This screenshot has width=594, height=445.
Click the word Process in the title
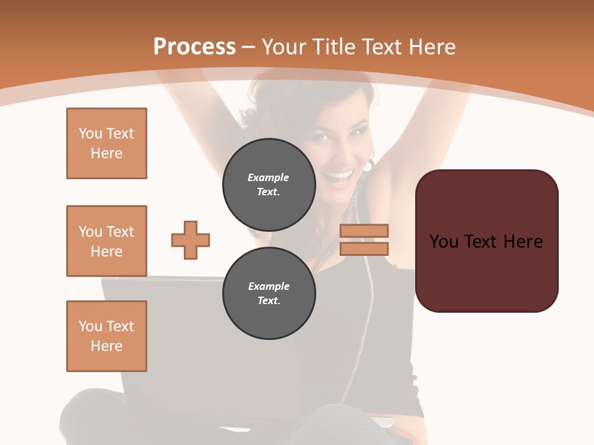coord(194,47)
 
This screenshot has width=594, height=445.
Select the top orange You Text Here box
coord(106,143)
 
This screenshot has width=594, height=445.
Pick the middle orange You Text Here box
coord(106,241)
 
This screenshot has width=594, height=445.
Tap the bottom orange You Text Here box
coord(106,336)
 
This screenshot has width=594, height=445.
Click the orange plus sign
coord(191,240)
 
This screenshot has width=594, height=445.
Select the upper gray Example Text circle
coord(269,184)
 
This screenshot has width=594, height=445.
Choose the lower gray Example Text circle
coord(269,293)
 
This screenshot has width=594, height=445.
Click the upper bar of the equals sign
coord(364,231)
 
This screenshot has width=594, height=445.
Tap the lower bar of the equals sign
coord(364,248)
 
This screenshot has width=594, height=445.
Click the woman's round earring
coord(369,166)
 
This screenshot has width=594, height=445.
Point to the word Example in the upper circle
coord(269,177)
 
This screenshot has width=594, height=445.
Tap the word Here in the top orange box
coord(106,153)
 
